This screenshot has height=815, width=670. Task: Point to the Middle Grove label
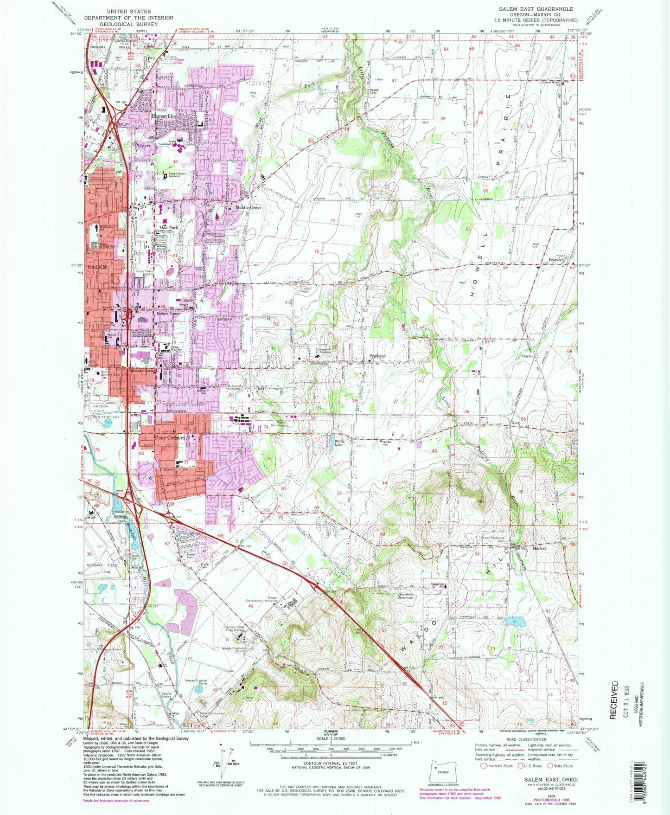[x=248, y=207]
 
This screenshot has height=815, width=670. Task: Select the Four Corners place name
[x=169, y=437]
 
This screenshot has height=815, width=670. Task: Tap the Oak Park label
[x=169, y=227]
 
